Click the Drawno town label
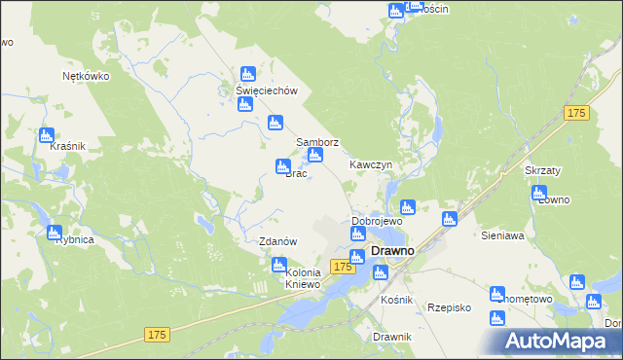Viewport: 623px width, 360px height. click(393, 251)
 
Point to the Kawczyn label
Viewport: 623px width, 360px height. click(371, 165)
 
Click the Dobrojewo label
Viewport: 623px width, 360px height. click(377, 221)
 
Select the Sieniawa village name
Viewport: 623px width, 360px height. click(503, 235)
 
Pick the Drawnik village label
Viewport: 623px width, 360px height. click(392, 337)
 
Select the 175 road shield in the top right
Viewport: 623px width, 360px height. click(576, 114)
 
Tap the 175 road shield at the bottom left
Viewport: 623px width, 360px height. click(159, 335)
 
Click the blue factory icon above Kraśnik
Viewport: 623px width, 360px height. click(46, 135)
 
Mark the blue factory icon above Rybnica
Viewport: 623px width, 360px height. click(55, 232)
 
